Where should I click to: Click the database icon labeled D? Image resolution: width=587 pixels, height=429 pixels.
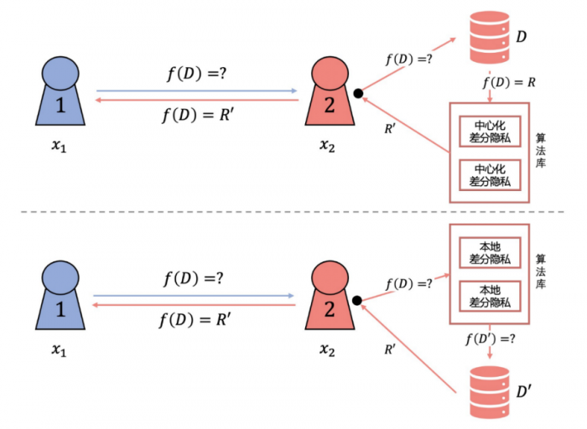(487, 38)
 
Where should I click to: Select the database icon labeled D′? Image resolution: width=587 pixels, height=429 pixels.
(488, 392)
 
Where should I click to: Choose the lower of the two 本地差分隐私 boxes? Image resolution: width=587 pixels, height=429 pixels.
(490, 297)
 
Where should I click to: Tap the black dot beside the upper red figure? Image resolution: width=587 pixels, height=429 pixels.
(358, 94)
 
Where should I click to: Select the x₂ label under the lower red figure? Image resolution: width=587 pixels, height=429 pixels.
(328, 355)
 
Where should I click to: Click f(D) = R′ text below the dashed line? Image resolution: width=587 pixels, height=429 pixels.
(197, 319)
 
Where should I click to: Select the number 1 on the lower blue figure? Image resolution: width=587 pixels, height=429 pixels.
(60, 309)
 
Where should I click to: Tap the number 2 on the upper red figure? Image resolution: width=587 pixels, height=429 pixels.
(328, 103)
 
